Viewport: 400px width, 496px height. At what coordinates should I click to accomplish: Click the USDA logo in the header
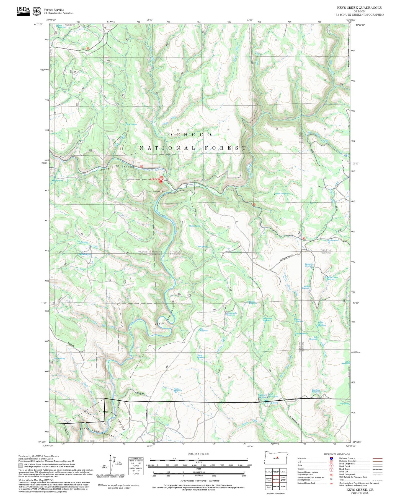(x=23, y=11)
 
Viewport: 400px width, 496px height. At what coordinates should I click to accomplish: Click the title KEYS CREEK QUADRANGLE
(x=360, y=8)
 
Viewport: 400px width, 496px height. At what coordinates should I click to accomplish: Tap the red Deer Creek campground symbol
(x=161, y=182)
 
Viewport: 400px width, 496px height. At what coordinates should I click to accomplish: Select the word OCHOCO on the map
(x=190, y=135)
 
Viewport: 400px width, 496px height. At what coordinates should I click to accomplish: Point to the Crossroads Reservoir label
(x=231, y=314)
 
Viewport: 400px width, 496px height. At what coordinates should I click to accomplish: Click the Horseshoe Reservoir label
(x=268, y=319)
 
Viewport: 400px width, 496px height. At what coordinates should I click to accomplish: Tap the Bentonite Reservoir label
(x=309, y=265)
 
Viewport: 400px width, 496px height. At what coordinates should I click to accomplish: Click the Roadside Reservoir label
(x=316, y=391)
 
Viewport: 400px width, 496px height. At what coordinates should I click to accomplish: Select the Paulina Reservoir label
(x=177, y=390)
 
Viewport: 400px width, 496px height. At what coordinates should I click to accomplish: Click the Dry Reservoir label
(x=333, y=241)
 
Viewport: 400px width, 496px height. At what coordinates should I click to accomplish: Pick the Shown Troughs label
(x=281, y=194)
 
